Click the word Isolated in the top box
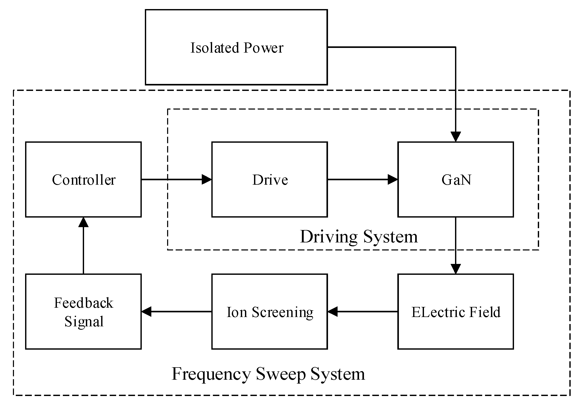click(x=214, y=48)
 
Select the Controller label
click(x=84, y=180)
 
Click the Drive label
click(x=270, y=180)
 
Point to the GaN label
click(x=456, y=180)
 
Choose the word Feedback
click(x=84, y=303)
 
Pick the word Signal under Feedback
click(x=84, y=322)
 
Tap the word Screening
click(x=282, y=312)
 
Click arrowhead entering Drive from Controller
click(x=206, y=179)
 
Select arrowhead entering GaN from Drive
click(x=392, y=179)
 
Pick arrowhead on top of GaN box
click(x=456, y=136)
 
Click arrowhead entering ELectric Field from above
click(x=456, y=269)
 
